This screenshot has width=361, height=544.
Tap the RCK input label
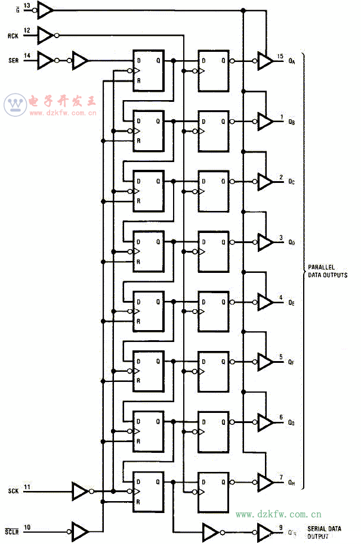click(x=12, y=36)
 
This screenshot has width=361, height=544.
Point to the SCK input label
click(x=13, y=492)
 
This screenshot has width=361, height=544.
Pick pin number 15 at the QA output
click(x=280, y=57)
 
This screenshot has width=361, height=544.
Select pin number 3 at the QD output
click(x=280, y=238)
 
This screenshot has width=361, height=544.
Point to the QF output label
click(x=291, y=362)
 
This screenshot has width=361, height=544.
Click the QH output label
click(x=291, y=483)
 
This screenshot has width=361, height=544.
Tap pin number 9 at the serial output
click(x=280, y=527)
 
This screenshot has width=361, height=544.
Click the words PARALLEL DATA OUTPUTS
click(x=328, y=271)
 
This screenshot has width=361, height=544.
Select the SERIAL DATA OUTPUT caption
click(x=325, y=532)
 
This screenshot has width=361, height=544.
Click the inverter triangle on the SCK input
click(x=80, y=491)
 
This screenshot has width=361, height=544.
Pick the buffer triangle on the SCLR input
click(x=80, y=530)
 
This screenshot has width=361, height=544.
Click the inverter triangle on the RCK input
click(x=45, y=35)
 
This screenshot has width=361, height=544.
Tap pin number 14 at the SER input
click(x=27, y=56)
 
